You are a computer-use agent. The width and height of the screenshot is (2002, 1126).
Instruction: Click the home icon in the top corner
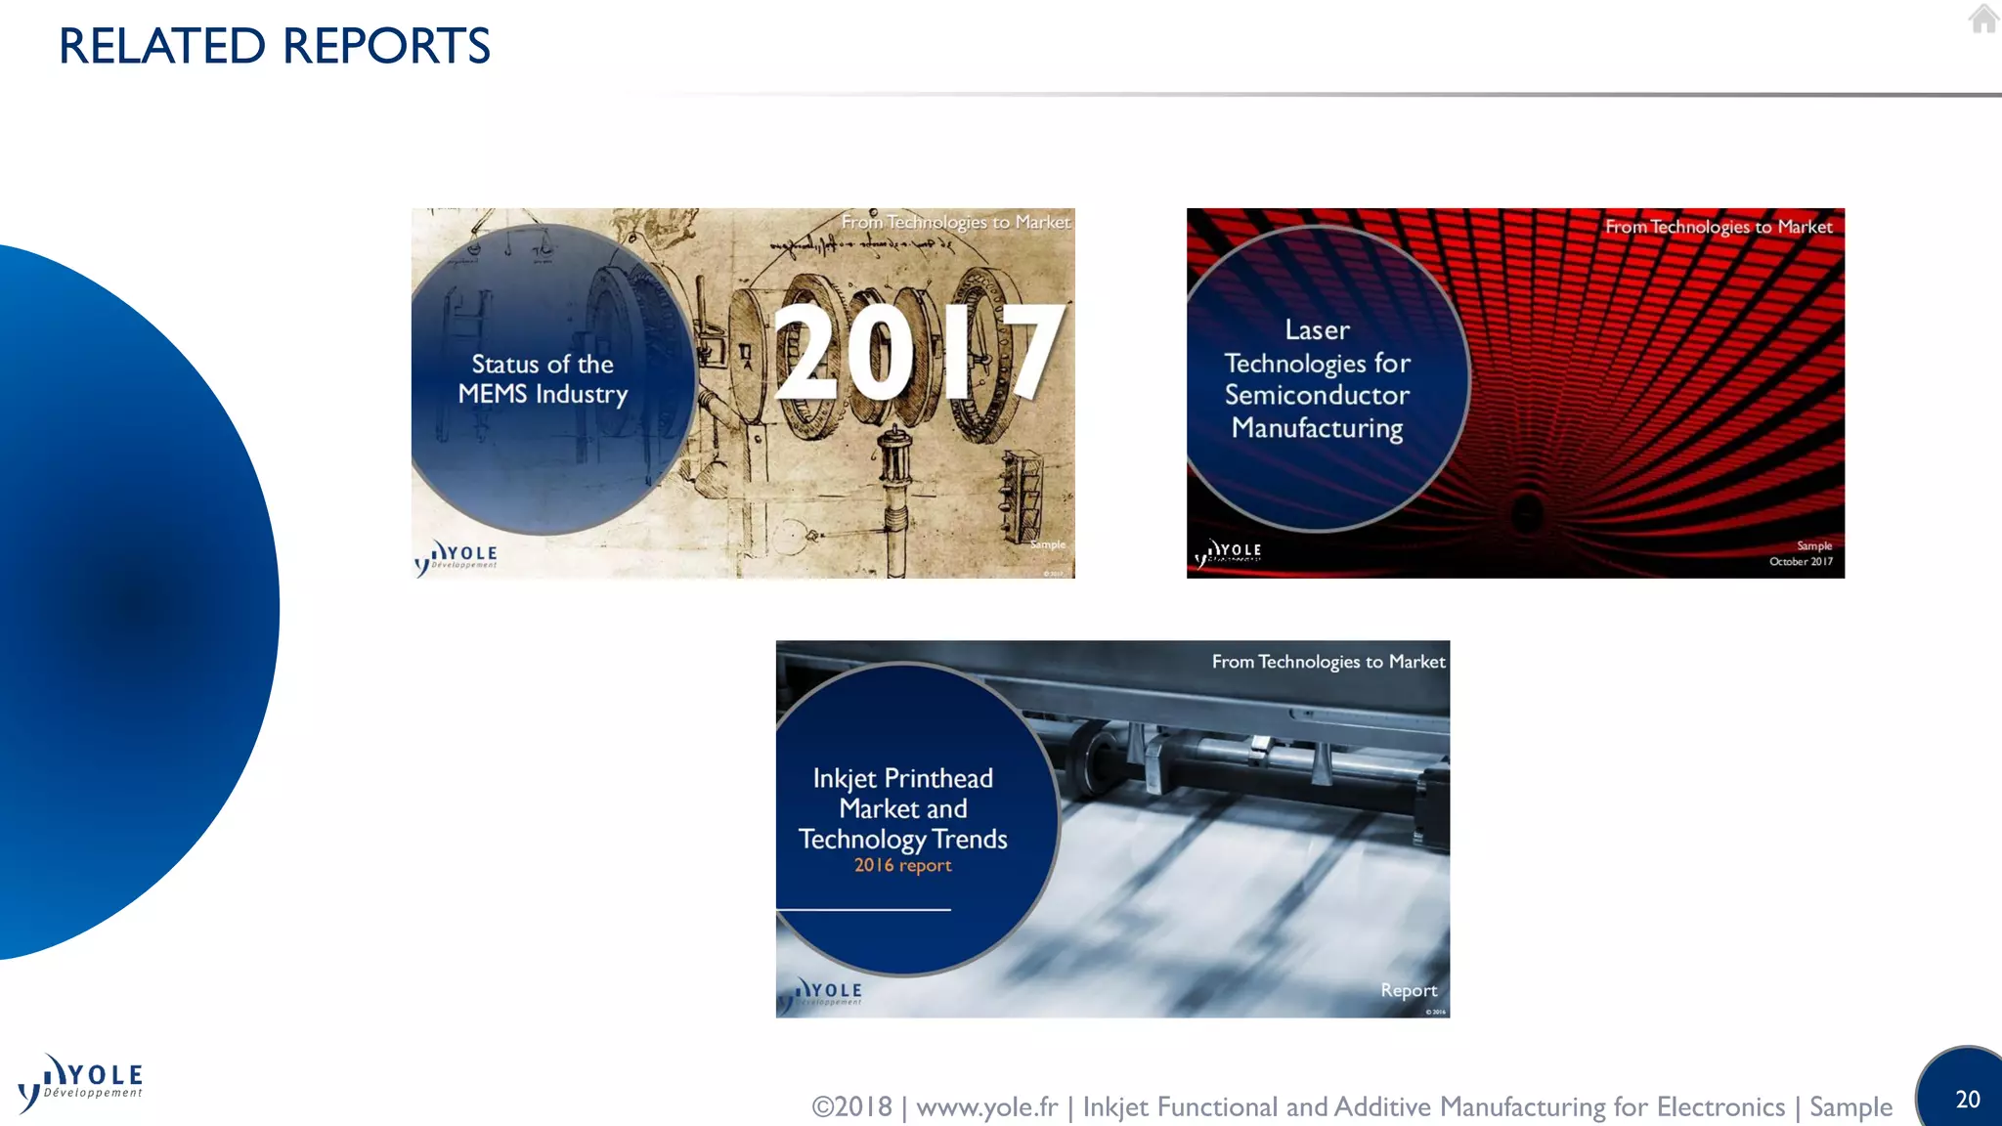[1983, 19]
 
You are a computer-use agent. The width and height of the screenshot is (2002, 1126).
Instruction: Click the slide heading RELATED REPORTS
[275, 46]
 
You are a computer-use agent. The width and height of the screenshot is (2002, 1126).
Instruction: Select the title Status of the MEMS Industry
[543, 379]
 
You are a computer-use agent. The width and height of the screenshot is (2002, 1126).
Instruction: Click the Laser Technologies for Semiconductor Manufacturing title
[1317, 379]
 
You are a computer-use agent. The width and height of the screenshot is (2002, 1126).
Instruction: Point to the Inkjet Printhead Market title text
[902, 808]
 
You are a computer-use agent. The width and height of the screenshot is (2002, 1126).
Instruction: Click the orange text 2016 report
[902, 866]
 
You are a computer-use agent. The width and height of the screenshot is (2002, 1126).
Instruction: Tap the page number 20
[1968, 1100]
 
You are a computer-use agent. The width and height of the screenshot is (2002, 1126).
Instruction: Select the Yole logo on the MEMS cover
[457, 557]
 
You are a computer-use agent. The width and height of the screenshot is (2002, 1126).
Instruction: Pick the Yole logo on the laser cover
[1229, 553]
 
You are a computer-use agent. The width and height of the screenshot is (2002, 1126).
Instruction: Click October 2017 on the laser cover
[1801, 562]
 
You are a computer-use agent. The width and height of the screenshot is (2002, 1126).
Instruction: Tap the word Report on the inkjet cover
[1409, 991]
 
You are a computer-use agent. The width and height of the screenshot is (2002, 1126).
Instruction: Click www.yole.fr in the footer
[986, 1107]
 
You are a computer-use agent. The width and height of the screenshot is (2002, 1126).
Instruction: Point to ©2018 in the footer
[851, 1107]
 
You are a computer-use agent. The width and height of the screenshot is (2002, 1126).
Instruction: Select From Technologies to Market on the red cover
[1719, 228]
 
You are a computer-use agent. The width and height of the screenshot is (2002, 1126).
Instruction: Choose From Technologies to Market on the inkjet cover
[1328, 663]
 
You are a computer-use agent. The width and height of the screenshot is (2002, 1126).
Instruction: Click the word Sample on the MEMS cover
[1047, 544]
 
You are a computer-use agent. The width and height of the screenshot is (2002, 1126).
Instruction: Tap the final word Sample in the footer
[1850, 1107]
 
